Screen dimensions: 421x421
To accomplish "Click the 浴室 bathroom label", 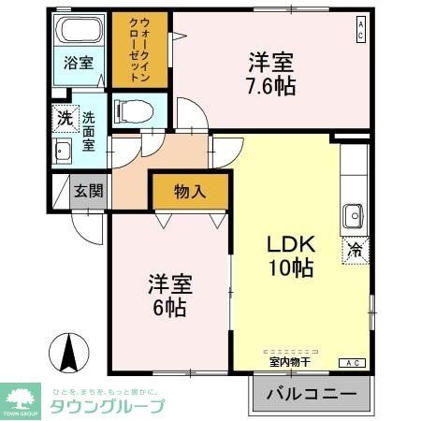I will click(78, 64).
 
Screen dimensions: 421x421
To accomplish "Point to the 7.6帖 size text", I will click(271, 87).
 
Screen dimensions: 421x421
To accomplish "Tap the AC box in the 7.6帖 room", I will click(360, 31).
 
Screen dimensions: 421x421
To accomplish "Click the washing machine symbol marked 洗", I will click(63, 119).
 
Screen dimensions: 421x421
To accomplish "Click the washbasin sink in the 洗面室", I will click(63, 152).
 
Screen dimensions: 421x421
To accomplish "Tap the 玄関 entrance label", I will click(89, 192).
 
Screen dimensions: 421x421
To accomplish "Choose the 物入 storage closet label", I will click(190, 192).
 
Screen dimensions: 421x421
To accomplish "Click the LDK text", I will click(292, 243).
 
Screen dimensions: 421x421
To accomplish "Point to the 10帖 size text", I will click(292, 268).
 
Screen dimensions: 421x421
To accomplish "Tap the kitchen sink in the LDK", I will click(354, 216).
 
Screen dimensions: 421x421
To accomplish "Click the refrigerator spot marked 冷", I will click(356, 250).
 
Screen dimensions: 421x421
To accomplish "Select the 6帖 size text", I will click(170, 306).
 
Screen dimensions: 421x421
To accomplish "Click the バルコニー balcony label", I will click(312, 395).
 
